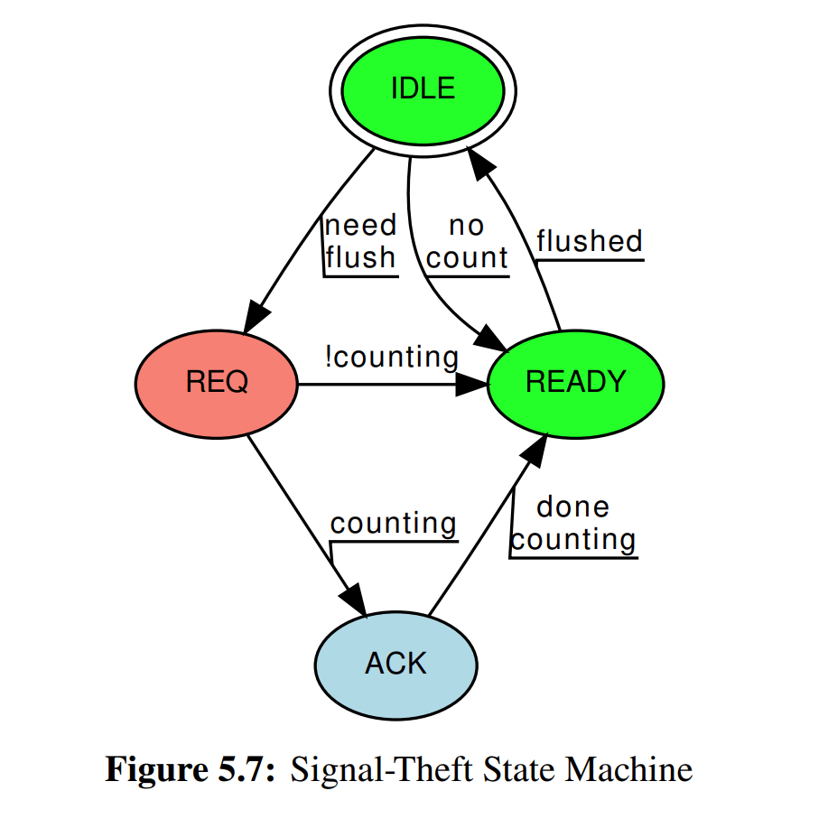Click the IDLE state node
click(x=422, y=88)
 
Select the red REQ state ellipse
click(x=216, y=383)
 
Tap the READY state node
click(x=575, y=383)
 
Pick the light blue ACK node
click(x=395, y=665)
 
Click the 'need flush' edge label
click(x=360, y=242)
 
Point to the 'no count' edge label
click(x=467, y=242)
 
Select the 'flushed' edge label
click(x=589, y=241)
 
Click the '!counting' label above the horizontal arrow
click(x=391, y=357)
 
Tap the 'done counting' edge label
click(x=573, y=524)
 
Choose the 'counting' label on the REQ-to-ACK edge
click(x=393, y=524)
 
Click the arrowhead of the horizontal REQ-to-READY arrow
click(x=471, y=384)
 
